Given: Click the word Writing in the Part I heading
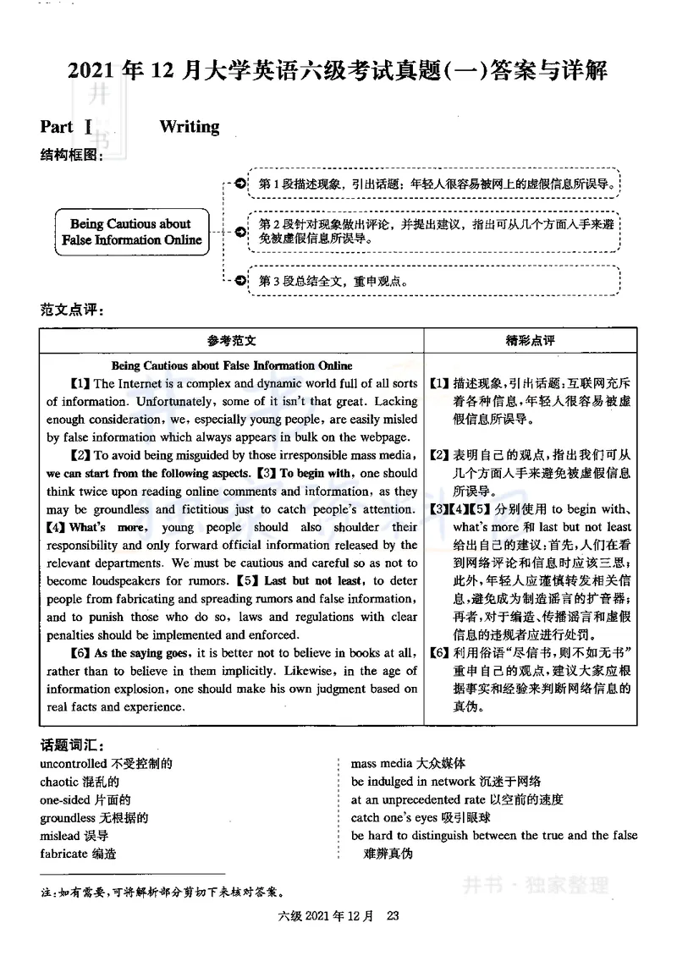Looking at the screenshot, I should tap(189, 127).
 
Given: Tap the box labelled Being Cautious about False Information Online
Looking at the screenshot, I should tap(132, 232).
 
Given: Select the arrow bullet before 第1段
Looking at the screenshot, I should tap(240, 184).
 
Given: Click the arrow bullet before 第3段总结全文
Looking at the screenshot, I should tap(240, 281).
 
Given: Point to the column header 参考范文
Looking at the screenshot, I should tap(231, 340).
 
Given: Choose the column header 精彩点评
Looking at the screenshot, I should tap(530, 340).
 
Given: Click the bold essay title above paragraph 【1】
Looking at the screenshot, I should tap(232, 365).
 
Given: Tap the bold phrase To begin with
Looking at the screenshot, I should tap(315, 473).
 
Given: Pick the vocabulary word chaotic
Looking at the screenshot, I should tap(60, 782).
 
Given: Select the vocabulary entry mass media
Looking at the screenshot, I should tap(378, 764).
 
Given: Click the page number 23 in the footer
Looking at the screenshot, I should tap(392, 915).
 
